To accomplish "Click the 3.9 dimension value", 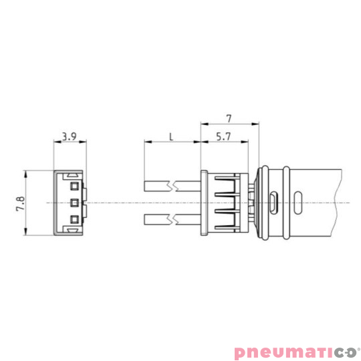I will click(68, 136).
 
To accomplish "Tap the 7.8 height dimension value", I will click(19, 203).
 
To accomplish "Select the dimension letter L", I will click(171, 136).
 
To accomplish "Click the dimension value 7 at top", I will click(229, 118).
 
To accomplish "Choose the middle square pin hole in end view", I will click(74, 202).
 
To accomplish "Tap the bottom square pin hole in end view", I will click(74, 219).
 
